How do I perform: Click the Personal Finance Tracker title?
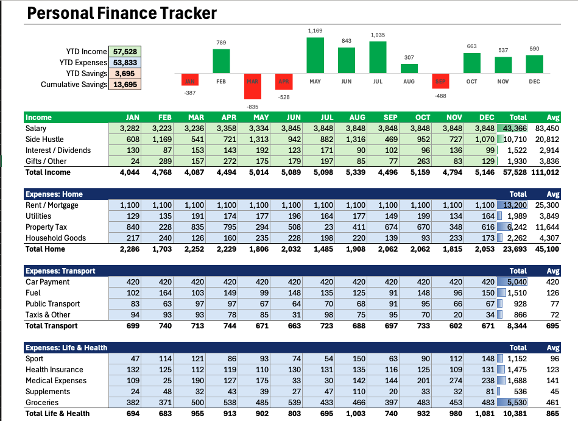click(x=122, y=13)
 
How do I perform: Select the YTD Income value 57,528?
click(x=124, y=52)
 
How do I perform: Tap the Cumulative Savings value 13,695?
click(x=124, y=85)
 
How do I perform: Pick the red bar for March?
click(x=252, y=87)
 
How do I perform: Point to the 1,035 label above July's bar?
click(x=378, y=35)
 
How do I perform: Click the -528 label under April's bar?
click(x=283, y=97)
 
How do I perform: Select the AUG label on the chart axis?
click(x=409, y=81)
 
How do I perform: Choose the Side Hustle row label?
click(x=44, y=140)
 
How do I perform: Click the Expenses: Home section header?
click(x=54, y=194)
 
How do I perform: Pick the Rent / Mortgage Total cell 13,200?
click(x=513, y=205)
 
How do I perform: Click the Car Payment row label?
click(x=48, y=282)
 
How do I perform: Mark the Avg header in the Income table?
click(x=552, y=118)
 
